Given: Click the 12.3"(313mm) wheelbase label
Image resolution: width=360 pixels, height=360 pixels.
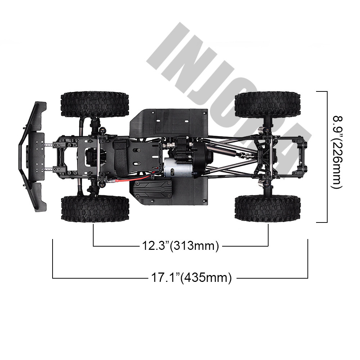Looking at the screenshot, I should pyautogui.click(x=180, y=246).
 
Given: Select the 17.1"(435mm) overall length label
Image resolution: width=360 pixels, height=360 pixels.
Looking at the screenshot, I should pyautogui.click(x=190, y=278).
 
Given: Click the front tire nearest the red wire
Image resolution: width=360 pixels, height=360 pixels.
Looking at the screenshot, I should pyautogui.click(x=95, y=209).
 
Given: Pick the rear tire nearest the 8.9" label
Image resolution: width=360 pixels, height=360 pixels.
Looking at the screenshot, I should pyautogui.click(x=267, y=104).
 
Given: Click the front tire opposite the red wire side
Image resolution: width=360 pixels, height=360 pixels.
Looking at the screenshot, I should pyautogui.click(x=95, y=104).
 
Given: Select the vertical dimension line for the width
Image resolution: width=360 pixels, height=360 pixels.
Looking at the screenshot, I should pyautogui.click(x=327, y=157).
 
